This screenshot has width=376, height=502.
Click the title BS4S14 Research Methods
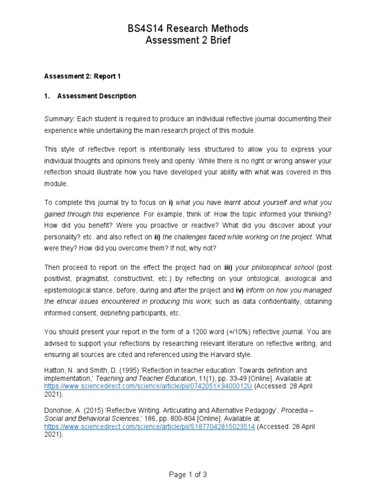(x=188, y=28)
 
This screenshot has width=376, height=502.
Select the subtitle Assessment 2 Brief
(x=188, y=40)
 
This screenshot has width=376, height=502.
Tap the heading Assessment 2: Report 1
(x=82, y=76)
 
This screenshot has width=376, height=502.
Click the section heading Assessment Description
(x=96, y=96)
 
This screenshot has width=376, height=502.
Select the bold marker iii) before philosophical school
(x=228, y=268)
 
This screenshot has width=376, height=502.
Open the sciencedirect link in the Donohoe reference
(x=149, y=427)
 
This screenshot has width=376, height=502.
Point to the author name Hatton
(x=55, y=371)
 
